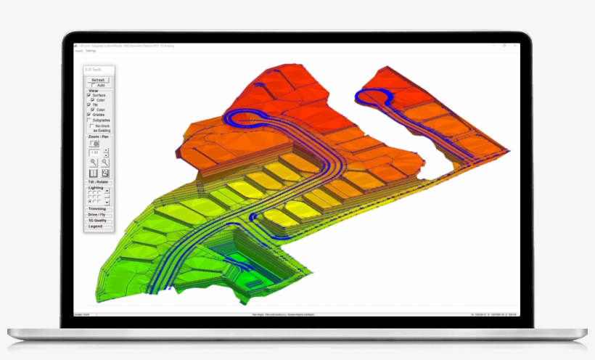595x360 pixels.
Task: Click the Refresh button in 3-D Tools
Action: pos(99,80)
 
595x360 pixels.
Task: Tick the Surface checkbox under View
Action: pos(89,95)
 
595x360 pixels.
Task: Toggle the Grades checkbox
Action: pos(89,115)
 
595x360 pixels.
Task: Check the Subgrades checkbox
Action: pos(89,120)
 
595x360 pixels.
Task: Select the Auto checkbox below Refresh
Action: pos(91,86)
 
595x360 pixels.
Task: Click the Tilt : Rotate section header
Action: pos(99,181)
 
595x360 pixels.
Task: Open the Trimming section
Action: pos(99,209)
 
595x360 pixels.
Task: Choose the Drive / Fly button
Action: pos(99,215)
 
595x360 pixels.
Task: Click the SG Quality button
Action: pos(99,221)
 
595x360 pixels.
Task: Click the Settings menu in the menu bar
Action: pos(91,51)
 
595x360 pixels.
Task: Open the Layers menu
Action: pos(79,51)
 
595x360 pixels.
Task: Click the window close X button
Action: pos(515,46)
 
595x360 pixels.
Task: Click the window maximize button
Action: pos(508,46)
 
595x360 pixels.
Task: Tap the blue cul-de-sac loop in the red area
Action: pos(374,98)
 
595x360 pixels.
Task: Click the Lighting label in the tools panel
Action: pos(96,187)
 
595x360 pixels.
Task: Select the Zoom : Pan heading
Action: pos(99,136)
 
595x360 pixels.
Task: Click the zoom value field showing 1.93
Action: pos(94,153)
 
